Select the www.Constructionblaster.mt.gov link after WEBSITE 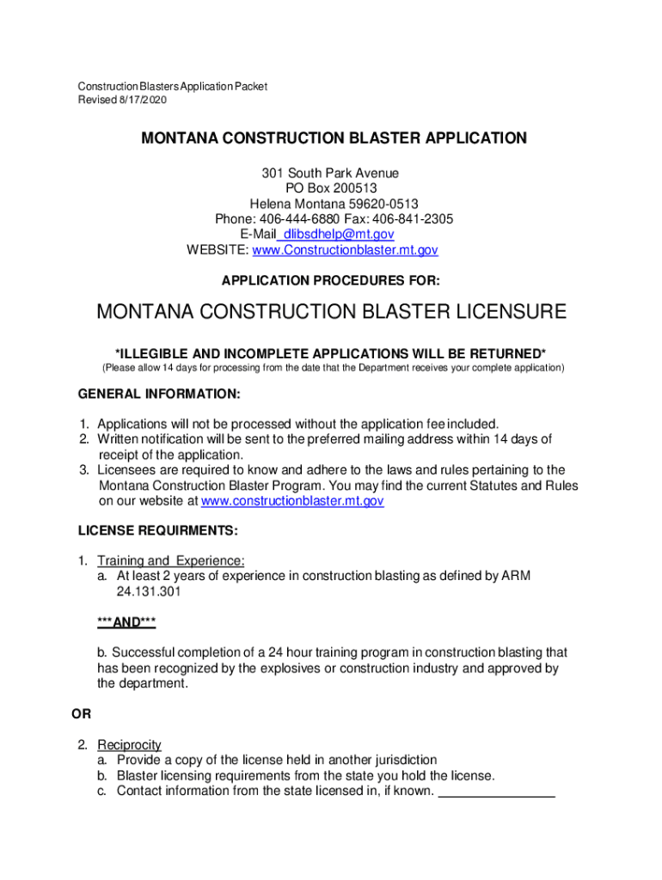click(x=345, y=250)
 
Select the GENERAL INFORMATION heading click(x=159, y=394)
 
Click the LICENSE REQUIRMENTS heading click(x=158, y=530)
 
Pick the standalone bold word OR click(x=80, y=714)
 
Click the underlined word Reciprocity click(x=129, y=745)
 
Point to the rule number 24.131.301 click(x=149, y=592)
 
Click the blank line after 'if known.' click(x=497, y=791)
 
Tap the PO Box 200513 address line click(x=331, y=188)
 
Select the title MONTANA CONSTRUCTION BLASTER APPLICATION click(x=334, y=138)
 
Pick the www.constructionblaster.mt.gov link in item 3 click(x=291, y=501)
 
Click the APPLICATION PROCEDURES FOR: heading click(x=331, y=281)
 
